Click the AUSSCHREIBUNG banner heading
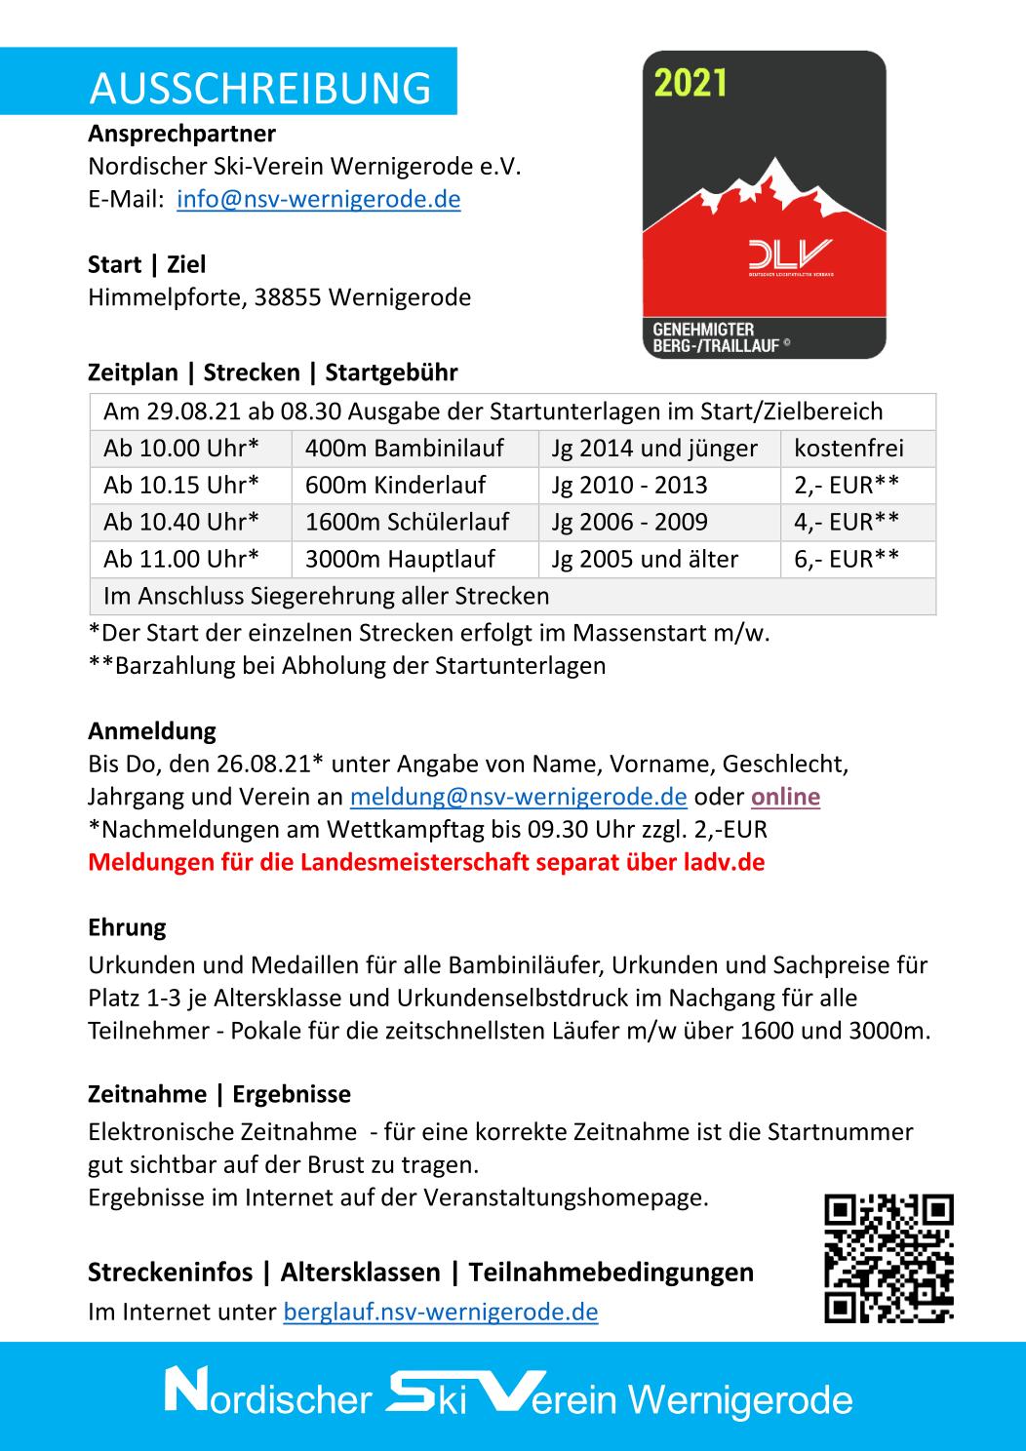point(259,88)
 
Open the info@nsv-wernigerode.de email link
point(318,199)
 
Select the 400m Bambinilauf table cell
point(404,449)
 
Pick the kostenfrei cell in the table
point(848,449)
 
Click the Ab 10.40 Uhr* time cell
point(181,522)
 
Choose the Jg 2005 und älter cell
point(645,559)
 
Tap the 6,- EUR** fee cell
point(846,559)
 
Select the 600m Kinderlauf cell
point(395,485)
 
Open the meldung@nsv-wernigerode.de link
point(518,797)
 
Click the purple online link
point(785,797)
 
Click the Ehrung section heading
point(127,926)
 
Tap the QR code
point(888,1258)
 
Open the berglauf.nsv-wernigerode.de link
point(440,1312)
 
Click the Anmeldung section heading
point(152,730)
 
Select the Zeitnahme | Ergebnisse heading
point(219,1094)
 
